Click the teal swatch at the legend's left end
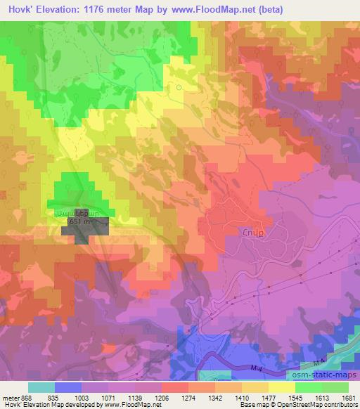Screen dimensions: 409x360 click(41, 387)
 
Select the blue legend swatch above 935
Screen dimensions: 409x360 click(68, 387)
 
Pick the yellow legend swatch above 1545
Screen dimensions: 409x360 click(282, 387)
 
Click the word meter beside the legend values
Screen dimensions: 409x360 click(10, 398)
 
